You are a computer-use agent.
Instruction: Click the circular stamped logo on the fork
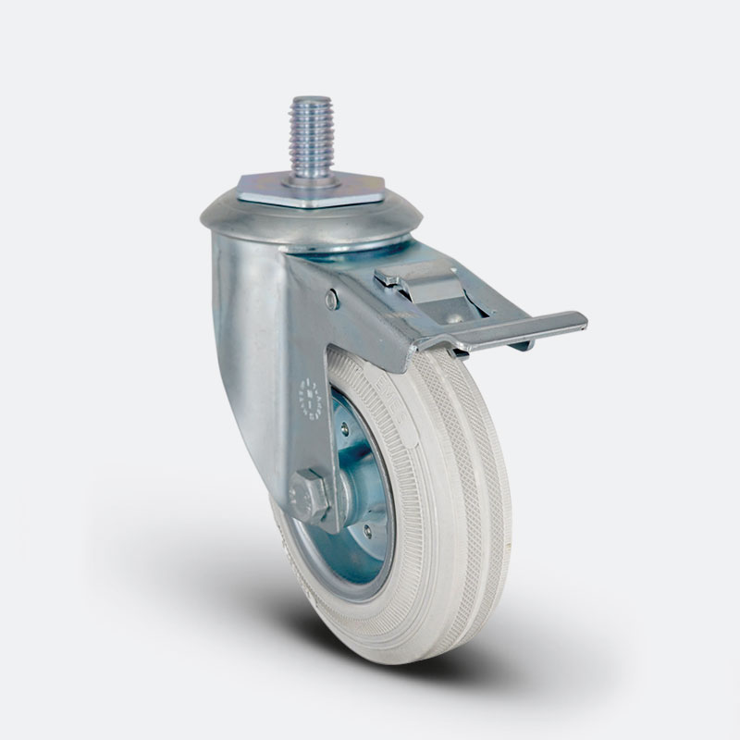309,393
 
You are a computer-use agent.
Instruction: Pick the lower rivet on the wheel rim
368,532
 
